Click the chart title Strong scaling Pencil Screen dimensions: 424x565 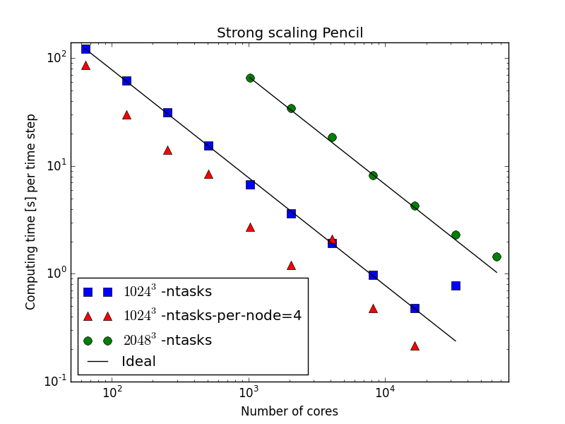pyautogui.click(x=290, y=33)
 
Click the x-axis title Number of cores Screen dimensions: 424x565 pyautogui.click(x=290, y=411)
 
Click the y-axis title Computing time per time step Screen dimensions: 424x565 pyautogui.click(x=31, y=212)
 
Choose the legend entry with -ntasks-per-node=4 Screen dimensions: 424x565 pyautogui.click(x=212, y=316)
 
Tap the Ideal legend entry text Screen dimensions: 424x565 pyautogui.click(x=138, y=362)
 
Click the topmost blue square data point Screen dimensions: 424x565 pyautogui.click(x=85, y=49)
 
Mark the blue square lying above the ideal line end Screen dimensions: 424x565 pyautogui.click(x=456, y=285)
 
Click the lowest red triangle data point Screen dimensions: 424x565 pyautogui.click(x=415, y=346)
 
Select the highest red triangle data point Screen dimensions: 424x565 pyautogui.click(x=85, y=66)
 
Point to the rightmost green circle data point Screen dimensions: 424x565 pyautogui.click(x=496, y=257)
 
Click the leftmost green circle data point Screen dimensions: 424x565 pyautogui.click(x=250, y=78)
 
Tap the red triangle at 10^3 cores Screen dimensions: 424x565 pyautogui.click(x=250, y=228)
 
